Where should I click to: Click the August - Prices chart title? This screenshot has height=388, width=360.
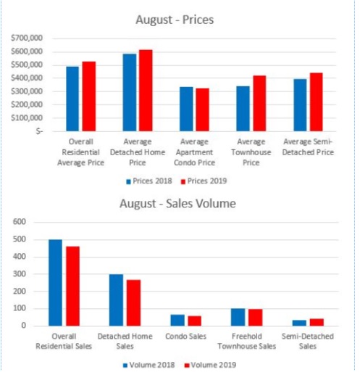click(x=175, y=20)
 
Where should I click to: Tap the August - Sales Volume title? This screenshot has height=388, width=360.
click(x=177, y=204)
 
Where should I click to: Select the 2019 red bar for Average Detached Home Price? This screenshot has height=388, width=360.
click(x=146, y=91)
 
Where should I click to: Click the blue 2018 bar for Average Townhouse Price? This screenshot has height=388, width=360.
click(x=243, y=109)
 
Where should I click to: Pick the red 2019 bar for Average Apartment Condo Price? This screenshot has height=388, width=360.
click(x=202, y=110)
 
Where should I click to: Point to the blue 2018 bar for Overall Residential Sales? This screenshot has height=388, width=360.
click(x=55, y=283)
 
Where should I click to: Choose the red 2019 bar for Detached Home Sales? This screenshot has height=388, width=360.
click(x=134, y=303)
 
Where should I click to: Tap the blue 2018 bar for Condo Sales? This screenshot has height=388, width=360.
click(x=177, y=321)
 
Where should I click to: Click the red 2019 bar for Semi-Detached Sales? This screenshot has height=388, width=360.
click(x=317, y=323)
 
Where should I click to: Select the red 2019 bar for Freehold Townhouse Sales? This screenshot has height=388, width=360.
click(x=256, y=318)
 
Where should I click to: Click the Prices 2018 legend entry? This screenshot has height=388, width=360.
click(x=149, y=181)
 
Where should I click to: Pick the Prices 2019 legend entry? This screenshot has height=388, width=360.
click(x=204, y=181)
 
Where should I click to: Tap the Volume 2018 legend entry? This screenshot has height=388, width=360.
click(x=148, y=365)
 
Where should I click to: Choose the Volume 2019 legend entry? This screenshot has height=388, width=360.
click(x=210, y=365)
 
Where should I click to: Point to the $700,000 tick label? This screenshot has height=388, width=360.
click(x=27, y=38)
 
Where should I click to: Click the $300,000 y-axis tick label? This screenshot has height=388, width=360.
click(x=27, y=91)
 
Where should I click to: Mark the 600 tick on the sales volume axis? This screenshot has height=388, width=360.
click(x=20, y=222)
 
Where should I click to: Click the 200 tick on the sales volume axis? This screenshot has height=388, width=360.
click(x=20, y=291)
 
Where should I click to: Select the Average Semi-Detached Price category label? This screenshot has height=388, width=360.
click(x=308, y=147)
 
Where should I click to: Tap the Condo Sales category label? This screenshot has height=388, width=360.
click(x=186, y=337)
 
